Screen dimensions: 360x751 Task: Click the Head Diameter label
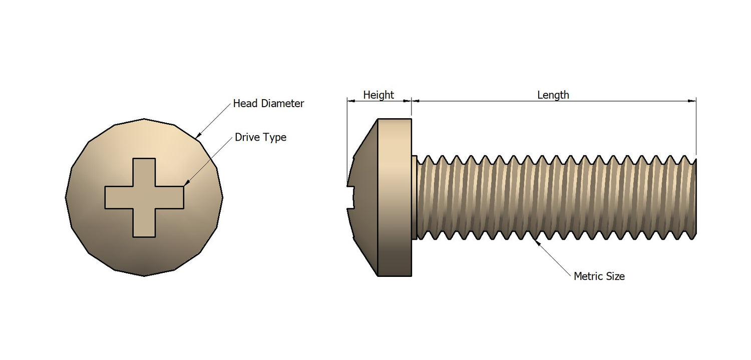click(x=268, y=104)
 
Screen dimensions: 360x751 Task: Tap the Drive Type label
click(x=260, y=137)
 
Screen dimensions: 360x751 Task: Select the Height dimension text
click(x=378, y=95)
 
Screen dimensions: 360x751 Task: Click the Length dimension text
click(x=553, y=95)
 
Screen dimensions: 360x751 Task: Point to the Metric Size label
click(x=599, y=276)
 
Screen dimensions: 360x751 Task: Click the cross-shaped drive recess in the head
click(x=144, y=197)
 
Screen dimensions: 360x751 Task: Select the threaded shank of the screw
click(x=551, y=197)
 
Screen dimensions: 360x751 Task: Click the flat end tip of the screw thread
click(x=695, y=197)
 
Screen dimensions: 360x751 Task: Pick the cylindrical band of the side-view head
click(x=395, y=197)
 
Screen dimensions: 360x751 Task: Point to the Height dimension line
click(x=379, y=101)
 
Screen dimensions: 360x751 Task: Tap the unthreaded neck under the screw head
click(x=415, y=197)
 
